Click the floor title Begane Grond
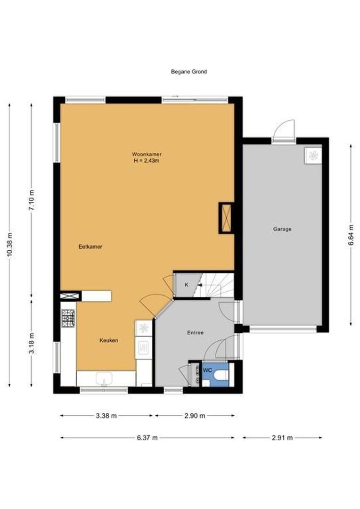pos(188,72)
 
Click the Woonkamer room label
pos(147,154)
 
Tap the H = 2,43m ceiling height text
pos(147,161)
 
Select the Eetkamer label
pos(90,246)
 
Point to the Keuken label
pos(109,341)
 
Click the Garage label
pos(282,229)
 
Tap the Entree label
pos(196,333)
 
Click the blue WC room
pos(215,375)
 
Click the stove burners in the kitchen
pos(68,318)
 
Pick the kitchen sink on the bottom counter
pos(104,378)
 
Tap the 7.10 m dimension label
pos(32,200)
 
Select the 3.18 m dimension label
pos(32,343)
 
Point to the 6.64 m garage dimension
pos(351,235)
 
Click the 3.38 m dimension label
pos(106,416)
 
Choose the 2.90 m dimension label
pos(195,416)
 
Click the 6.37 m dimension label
pos(147,438)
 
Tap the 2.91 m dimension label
pos(282,438)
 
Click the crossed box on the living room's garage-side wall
pos(226,218)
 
